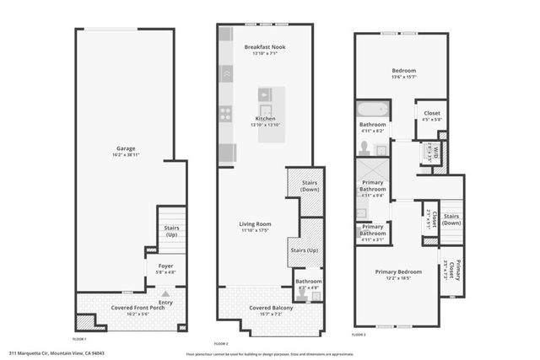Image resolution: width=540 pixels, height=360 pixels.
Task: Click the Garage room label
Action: click(x=126, y=149)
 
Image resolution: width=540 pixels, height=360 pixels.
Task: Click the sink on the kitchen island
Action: click(x=265, y=109)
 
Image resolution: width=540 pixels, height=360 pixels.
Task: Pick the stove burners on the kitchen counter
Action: click(x=226, y=111)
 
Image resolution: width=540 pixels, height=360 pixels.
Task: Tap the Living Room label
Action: click(x=255, y=223)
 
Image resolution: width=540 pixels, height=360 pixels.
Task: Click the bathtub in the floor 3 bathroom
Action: click(x=371, y=110)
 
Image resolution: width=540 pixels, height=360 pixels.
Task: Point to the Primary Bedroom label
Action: click(x=397, y=271)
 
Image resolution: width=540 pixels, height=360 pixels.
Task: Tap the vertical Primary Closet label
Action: click(x=457, y=268)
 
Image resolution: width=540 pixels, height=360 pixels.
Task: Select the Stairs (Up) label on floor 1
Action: click(x=171, y=231)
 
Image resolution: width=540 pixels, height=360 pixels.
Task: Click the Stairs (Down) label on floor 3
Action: click(x=451, y=219)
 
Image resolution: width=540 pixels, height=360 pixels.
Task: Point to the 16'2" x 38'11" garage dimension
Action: click(x=126, y=156)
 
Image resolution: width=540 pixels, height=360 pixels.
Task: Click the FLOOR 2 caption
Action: click(x=221, y=344)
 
